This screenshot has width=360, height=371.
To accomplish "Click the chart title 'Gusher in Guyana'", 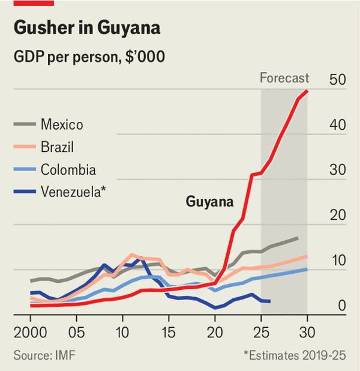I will [x=86, y=28].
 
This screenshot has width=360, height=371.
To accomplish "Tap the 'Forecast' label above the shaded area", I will [x=284, y=78].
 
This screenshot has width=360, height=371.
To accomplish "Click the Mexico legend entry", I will [x=62, y=125].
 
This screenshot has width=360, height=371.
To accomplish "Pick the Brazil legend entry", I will [x=58, y=147].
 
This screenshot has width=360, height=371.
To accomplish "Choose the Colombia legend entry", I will [x=68, y=169].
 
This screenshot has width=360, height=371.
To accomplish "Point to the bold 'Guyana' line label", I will [x=209, y=202].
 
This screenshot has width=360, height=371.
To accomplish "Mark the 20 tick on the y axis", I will [x=337, y=216].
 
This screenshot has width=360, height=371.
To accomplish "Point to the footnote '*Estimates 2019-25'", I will [x=294, y=355].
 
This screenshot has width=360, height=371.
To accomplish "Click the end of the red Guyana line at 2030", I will [x=307, y=91].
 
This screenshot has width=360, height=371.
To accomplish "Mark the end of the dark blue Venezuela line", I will [x=270, y=301].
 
